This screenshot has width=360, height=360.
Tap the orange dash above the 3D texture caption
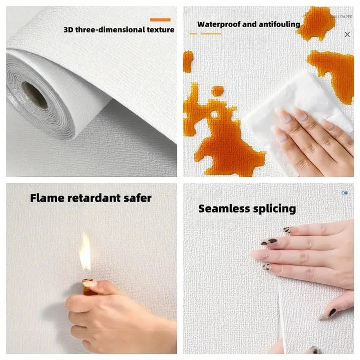coord(160,20)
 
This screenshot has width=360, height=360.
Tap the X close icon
coord(347,34)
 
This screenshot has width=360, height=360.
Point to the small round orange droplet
coord(218,91)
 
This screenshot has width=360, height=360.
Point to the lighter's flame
coord(85,252)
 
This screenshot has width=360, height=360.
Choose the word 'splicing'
coord(275,208)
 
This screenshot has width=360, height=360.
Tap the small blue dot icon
coord(345,193)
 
